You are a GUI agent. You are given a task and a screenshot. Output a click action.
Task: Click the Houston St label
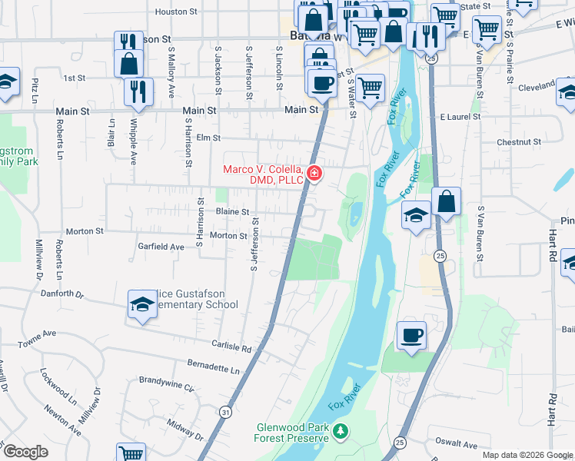coord(177,12)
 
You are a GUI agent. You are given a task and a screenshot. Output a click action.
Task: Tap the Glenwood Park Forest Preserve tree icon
coord(341,433)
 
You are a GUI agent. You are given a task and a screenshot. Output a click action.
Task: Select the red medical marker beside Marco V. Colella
coord(314,174)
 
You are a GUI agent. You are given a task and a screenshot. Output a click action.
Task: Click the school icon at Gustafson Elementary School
coord(142,305)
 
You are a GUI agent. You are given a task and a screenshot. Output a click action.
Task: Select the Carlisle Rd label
coord(235,348)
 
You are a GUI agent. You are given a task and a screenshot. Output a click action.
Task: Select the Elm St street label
coord(208,138)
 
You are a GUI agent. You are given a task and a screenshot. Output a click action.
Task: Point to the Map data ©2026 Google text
coord(527,455)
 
